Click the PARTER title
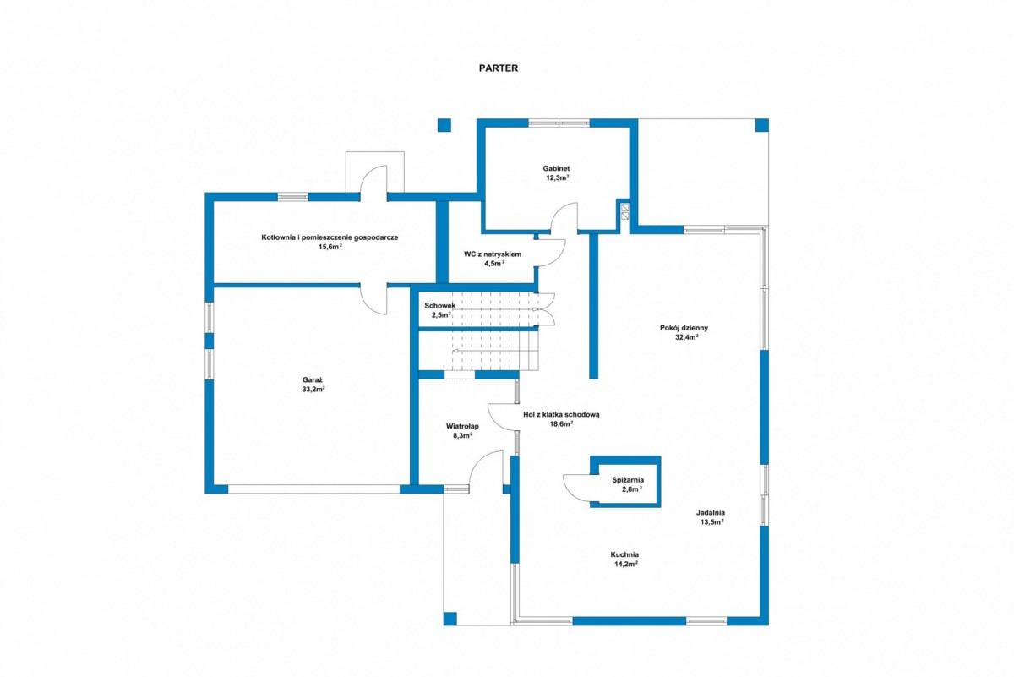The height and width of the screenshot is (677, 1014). click(499, 68)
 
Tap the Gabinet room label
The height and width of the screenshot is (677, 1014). click(556, 168)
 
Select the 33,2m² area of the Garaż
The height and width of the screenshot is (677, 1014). click(313, 389)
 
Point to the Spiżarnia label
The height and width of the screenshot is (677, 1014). click(628, 480)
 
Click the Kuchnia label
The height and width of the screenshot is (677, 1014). click(624, 554)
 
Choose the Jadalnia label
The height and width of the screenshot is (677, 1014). click(711, 513)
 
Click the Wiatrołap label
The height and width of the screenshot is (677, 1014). click(462, 426)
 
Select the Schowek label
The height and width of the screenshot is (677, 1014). click(439, 306)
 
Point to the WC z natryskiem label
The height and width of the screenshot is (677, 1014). click(493, 254)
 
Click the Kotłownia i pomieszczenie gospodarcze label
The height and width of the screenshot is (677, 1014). click(330, 237)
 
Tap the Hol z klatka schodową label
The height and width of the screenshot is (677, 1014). click(561, 414)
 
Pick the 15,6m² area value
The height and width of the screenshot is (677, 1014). click(330, 247)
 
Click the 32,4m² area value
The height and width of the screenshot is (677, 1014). click(686, 337)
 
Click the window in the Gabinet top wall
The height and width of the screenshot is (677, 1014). click(559, 123)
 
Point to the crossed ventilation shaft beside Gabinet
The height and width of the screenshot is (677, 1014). click(624, 212)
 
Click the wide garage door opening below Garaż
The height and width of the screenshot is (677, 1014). click(313, 489)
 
